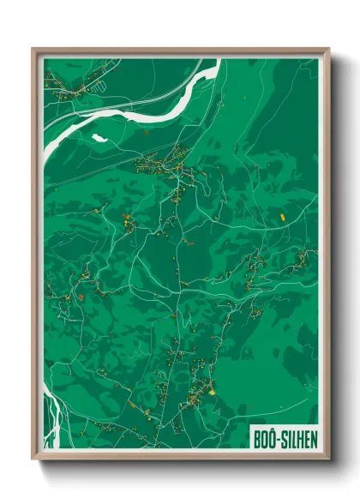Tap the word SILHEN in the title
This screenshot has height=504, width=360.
coord(296,439)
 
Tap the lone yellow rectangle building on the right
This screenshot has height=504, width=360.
coord(282,217)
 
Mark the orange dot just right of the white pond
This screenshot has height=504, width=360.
coord(147,133)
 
